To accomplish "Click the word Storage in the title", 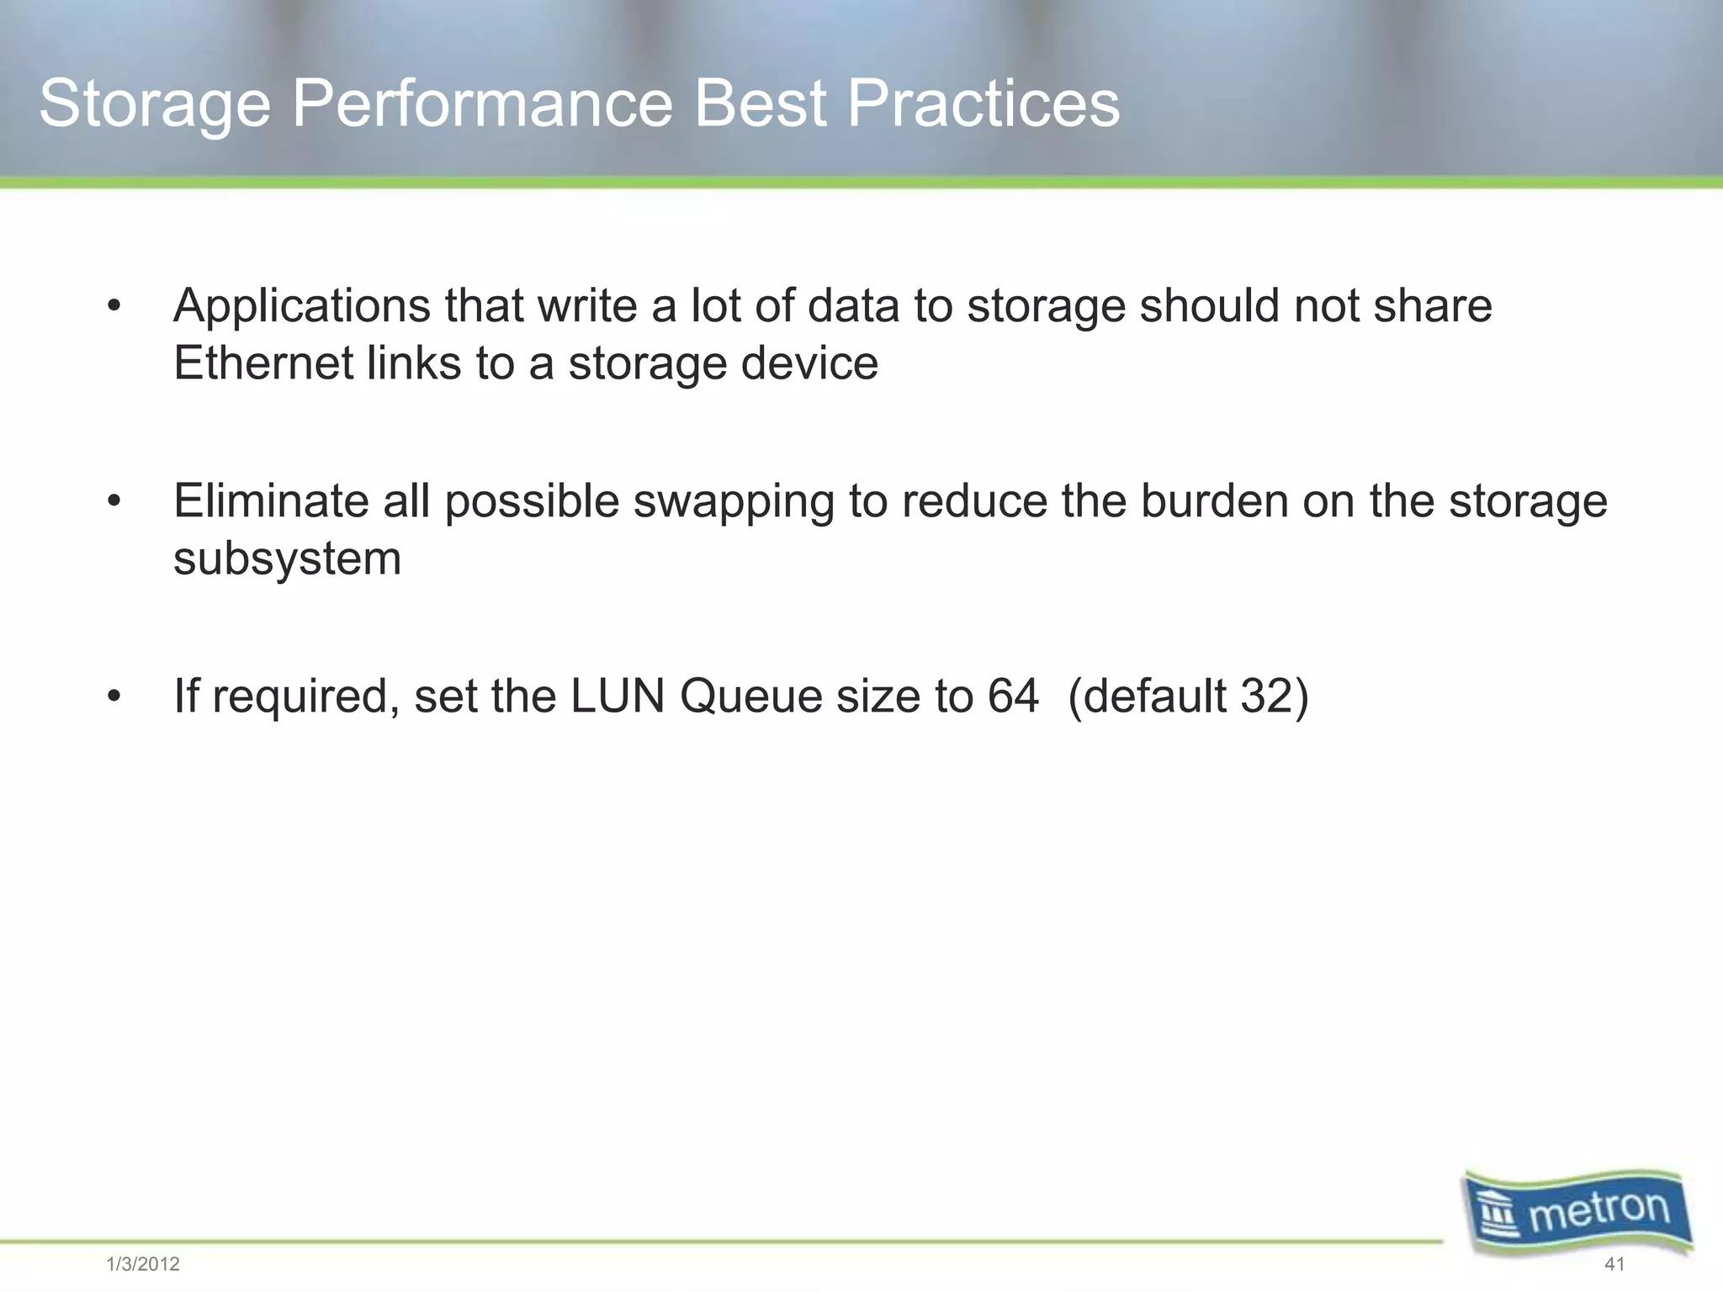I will [155, 104].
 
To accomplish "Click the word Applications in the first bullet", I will [302, 306].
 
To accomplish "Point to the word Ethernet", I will [263, 363].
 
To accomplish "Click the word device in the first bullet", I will [809, 363].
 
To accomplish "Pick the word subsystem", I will [287, 559].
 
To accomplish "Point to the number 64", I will [1013, 696].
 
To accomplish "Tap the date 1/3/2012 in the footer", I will [143, 1264].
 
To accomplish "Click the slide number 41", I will [1614, 1264].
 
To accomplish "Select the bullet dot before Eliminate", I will [114, 502].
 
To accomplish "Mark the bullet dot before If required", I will [114, 697].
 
